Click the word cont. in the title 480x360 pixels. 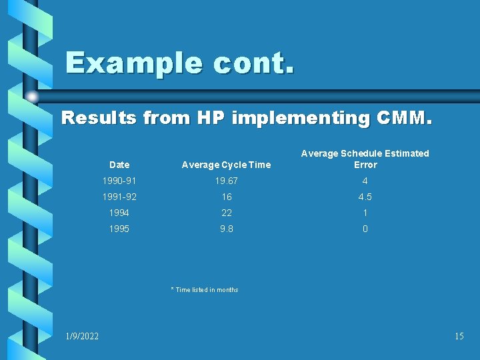(x=255, y=63)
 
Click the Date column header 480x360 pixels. (x=119, y=165)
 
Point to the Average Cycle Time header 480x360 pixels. (x=227, y=165)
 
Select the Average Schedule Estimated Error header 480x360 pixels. (x=365, y=159)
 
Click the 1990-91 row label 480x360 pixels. (x=119, y=181)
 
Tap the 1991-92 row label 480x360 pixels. (x=119, y=197)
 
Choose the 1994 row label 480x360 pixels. (x=119, y=213)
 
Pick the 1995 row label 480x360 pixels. (x=119, y=229)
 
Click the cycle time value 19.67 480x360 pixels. (x=227, y=181)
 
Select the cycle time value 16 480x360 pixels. (x=227, y=197)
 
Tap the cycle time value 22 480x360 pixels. (x=227, y=213)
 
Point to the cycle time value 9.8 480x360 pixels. (x=227, y=229)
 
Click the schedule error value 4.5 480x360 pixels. (x=365, y=197)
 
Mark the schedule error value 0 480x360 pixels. (x=365, y=229)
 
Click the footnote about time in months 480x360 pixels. (x=205, y=289)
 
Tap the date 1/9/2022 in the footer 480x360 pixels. (x=82, y=336)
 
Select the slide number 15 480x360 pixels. (x=459, y=336)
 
